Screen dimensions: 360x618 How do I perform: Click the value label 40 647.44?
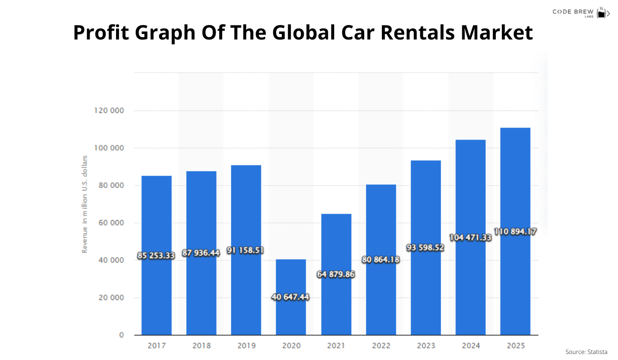pyautogui.click(x=291, y=297)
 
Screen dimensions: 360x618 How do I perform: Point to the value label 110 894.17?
pyautogui.click(x=515, y=231)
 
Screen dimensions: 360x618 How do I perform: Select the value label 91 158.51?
pyautogui.click(x=245, y=250)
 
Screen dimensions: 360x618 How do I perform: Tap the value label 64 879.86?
pyautogui.click(x=336, y=274)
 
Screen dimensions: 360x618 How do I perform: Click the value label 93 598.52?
pyautogui.click(x=425, y=247)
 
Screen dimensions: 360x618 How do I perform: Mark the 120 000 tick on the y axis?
pyautogui.click(x=109, y=111)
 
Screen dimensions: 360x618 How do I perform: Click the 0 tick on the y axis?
pyautogui.click(x=121, y=335)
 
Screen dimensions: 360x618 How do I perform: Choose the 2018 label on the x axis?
pyautogui.click(x=201, y=345)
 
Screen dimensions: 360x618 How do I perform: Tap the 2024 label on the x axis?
pyautogui.click(x=470, y=345)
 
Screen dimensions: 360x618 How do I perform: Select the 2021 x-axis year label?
pyautogui.click(x=336, y=345)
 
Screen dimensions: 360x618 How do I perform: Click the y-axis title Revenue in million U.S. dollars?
pyautogui.click(x=85, y=204)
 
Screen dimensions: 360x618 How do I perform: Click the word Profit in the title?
pyautogui.click(x=106, y=33)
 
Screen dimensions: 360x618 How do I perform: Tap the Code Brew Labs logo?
pyautogui.click(x=580, y=12)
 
